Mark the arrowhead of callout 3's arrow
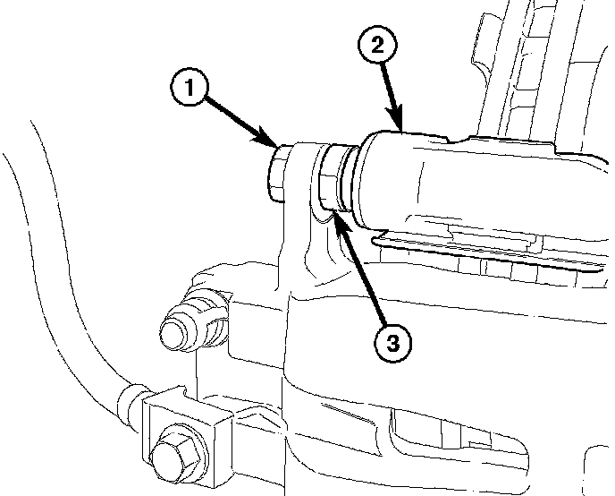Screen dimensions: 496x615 [x=336, y=218]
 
